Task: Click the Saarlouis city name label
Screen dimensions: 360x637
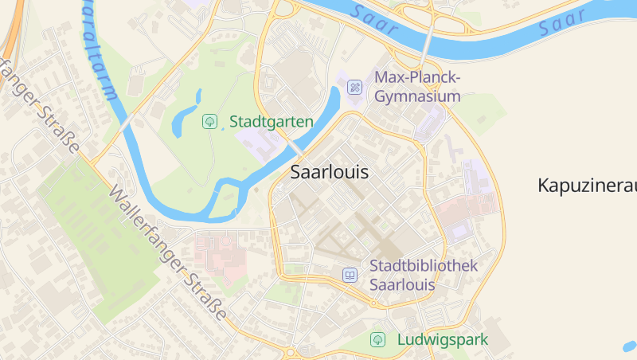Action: (329, 171)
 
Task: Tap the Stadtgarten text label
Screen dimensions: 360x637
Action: (271, 122)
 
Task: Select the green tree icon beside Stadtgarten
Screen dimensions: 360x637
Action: (210, 122)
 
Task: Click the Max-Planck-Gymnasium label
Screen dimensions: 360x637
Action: (417, 87)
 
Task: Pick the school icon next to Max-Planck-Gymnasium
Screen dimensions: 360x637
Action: (356, 87)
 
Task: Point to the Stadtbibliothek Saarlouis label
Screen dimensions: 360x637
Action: (423, 275)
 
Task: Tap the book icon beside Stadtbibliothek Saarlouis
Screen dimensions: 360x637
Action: (349, 275)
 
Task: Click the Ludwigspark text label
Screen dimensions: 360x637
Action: (442, 340)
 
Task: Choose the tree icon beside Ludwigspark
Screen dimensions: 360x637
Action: (377, 340)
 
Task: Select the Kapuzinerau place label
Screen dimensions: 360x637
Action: (588, 186)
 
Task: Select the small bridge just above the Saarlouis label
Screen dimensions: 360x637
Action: (296, 150)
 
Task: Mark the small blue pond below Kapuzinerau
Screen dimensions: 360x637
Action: (629, 346)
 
